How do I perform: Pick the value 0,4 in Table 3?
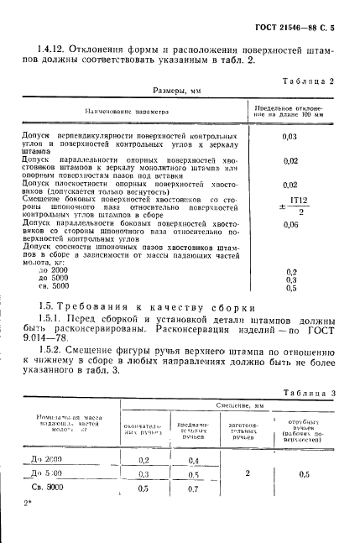195,461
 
